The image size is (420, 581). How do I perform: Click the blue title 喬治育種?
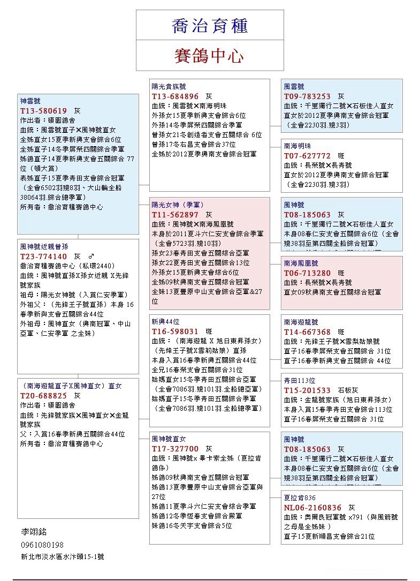tap(210, 26)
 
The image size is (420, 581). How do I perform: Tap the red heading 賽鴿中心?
tap(209, 56)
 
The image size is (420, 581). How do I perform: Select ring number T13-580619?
tap(44, 110)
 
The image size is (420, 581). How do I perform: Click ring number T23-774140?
tap(44, 256)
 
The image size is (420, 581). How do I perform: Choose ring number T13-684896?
tap(175, 96)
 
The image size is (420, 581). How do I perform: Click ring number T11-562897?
tap(175, 214)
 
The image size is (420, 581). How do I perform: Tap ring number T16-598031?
tap(175, 331)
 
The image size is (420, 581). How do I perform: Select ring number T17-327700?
tap(175, 448)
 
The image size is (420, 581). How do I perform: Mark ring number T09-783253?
tap(307, 96)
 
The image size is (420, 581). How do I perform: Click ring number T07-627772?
tap(307, 155)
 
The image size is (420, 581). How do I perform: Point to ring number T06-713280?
tap(307, 273)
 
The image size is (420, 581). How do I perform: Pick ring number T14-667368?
tap(307, 332)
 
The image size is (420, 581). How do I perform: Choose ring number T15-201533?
tap(307, 390)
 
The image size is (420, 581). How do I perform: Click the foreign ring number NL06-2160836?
tap(312, 507)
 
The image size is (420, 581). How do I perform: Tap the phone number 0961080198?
tap(42, 545)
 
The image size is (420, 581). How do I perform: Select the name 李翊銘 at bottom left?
tap(34, 532)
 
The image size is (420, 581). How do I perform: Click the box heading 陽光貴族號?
tap(169, 86)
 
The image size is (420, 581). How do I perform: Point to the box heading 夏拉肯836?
tap(300, 497)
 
